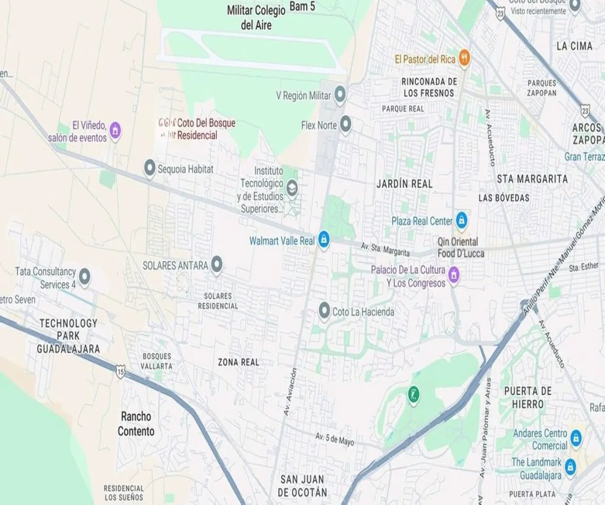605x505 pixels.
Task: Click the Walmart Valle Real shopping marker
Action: point(323,239)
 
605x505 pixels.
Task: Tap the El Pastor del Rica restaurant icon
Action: point(464,59)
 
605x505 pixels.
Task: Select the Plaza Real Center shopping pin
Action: point(461,220)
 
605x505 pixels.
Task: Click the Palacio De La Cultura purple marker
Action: point(454,275)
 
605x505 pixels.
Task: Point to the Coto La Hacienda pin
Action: point(324,311)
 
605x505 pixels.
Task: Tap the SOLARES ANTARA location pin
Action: point(217,264)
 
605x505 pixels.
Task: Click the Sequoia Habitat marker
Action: point(149,168)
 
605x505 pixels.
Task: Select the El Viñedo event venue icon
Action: point(115,130)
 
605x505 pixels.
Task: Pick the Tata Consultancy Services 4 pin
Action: point(85,276)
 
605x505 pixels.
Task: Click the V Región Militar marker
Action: point(341,94)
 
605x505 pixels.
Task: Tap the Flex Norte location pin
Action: point(345,124)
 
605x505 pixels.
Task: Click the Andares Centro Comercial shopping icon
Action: point(576,438)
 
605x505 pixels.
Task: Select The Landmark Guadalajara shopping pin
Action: point(570,466)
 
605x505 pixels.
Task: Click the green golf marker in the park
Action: point(413,394)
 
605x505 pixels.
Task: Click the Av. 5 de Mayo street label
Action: point(335,439)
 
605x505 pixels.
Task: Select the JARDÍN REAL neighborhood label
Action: point(404,184)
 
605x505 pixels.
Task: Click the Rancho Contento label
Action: point(136,424)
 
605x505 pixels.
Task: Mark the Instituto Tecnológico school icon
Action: point(292,189)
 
